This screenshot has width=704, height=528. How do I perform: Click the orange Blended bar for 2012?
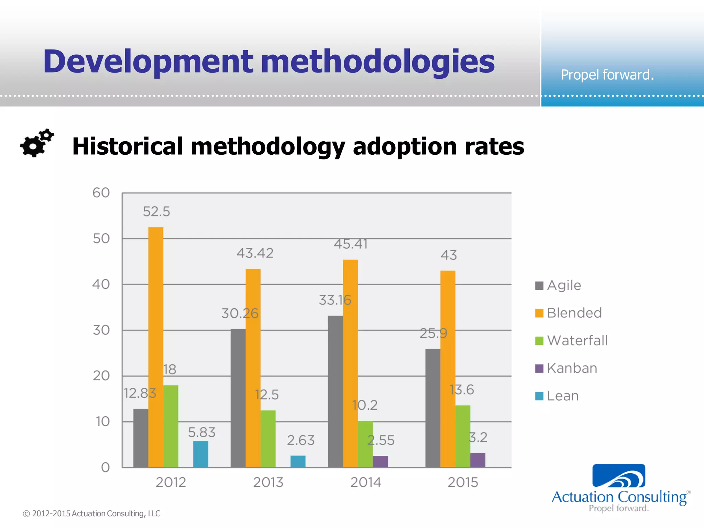[156, 347]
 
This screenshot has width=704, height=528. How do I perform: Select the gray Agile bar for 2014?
[335, 392]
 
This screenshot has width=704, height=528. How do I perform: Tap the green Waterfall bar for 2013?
[268, 439]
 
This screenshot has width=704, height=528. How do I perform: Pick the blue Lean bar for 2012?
[201, 454]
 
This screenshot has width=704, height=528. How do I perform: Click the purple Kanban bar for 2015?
[478, 460]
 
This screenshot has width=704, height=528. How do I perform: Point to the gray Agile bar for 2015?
[433, 408]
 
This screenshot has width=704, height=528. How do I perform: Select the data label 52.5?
[156, 211]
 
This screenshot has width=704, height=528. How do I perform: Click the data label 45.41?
[351, 244]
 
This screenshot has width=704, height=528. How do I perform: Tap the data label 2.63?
[301, 440]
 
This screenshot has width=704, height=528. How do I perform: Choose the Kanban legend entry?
[572, 368]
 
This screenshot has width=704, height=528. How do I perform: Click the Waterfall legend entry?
[577, 341]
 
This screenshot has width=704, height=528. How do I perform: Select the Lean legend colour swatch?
[539, 396]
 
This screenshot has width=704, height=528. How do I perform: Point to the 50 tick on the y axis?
[101, 239]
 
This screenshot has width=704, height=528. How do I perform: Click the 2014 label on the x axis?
[366, 482]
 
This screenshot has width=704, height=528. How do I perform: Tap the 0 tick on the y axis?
[105, 467]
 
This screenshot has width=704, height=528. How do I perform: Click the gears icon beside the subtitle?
[37, 143]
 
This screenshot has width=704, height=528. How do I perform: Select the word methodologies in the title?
[378, 62]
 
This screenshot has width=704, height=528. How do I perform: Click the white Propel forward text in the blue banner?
[607, 75]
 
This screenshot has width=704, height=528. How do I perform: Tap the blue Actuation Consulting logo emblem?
[619, 476]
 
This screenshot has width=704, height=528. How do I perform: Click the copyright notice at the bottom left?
[91, 514]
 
